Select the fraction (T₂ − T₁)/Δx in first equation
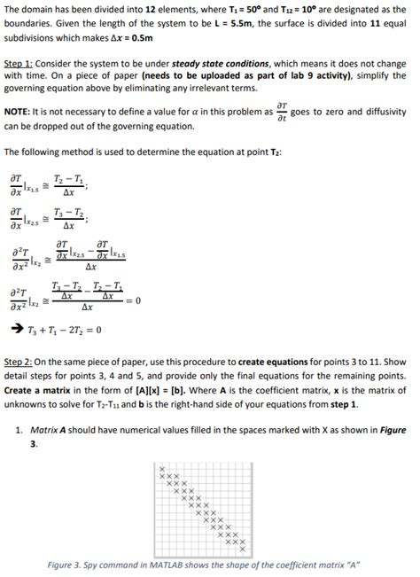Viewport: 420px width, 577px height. [x=68, y=183]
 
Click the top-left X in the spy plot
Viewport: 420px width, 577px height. [x=161, y=468]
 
